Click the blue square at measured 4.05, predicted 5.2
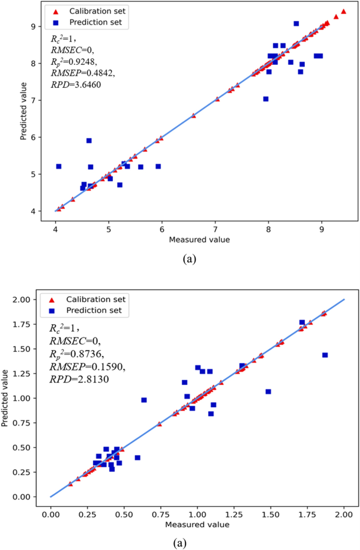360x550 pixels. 59,166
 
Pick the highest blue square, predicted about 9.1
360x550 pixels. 296,23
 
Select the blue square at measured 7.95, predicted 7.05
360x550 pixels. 266,98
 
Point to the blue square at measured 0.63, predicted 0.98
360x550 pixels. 144,400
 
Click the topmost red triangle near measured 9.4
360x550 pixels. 343,11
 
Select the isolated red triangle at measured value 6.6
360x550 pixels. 193,115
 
